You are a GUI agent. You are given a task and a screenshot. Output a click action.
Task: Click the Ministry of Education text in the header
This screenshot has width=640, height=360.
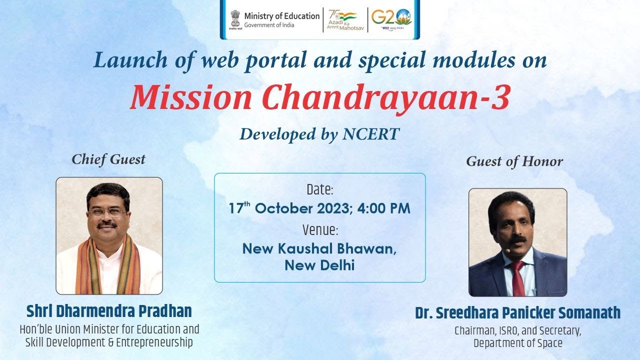pos(281,16)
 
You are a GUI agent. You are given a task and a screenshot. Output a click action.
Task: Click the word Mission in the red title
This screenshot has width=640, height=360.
pos(191,97)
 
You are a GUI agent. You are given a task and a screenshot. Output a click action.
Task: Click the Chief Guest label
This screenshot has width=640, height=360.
pos(108,159)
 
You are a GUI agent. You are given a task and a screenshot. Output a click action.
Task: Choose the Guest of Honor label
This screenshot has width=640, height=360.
pos(514,161)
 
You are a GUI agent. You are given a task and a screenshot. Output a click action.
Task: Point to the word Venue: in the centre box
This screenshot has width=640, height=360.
pos(320,230)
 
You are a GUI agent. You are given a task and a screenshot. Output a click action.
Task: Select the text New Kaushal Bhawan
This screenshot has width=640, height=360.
pos(319,248)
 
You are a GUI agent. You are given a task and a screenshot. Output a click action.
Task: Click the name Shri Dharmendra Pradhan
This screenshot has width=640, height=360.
pos(109,311)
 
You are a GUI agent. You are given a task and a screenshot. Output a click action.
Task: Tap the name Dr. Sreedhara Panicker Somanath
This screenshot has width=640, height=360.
pos(517,313)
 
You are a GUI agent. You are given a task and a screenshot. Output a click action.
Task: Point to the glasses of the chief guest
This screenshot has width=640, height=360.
pos(108,212)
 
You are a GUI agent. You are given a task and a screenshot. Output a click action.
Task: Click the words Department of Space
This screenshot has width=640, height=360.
pos(517,343)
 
